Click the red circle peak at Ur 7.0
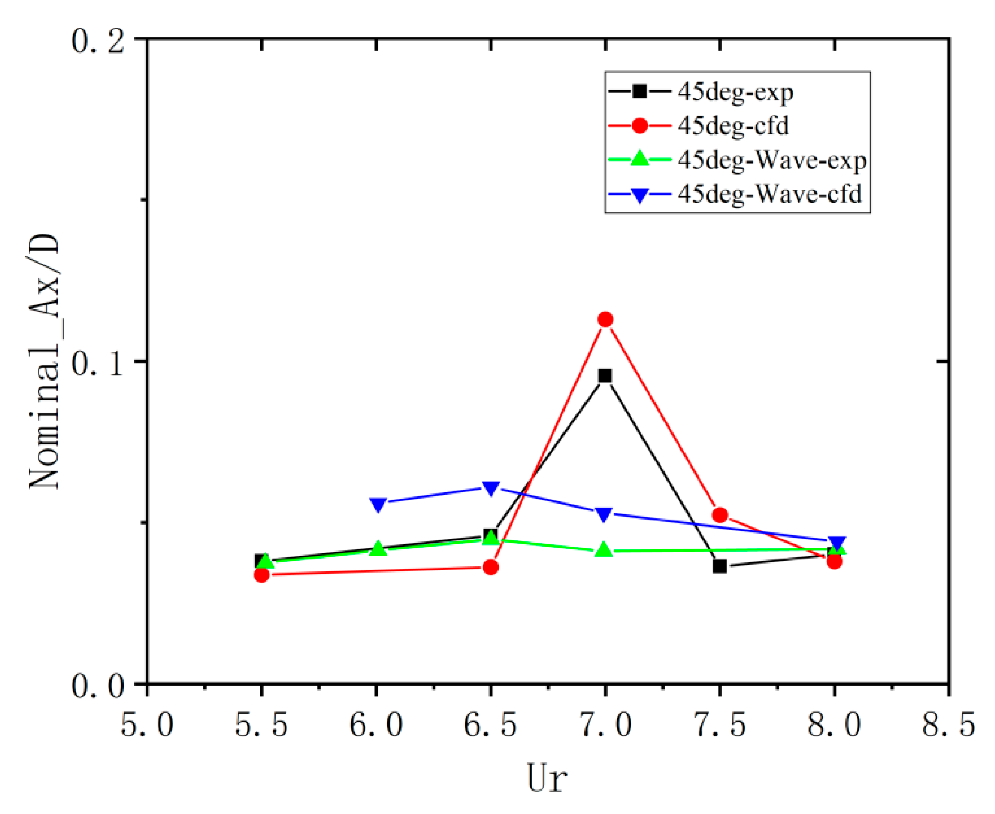click(x=605, y=319)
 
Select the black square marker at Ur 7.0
click(x=605, y=376)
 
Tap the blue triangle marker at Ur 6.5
click(x=491, y=488)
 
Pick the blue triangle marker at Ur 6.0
click(x=378, y=504)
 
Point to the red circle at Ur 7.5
click(x=720, y=515)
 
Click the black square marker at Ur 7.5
click(x=720, y=566)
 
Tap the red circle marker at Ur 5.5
click(x=262, y=575)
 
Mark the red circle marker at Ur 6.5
click(x=491, y=567)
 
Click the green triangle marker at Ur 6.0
click(x=378, y=549)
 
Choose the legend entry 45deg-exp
click(x=735, y=91)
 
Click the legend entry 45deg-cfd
click(x=733, y=126)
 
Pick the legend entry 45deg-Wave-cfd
click(x=769, y=194)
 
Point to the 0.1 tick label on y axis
click(x=98, y=365)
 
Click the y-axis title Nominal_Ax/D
click(x=44, y=362)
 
